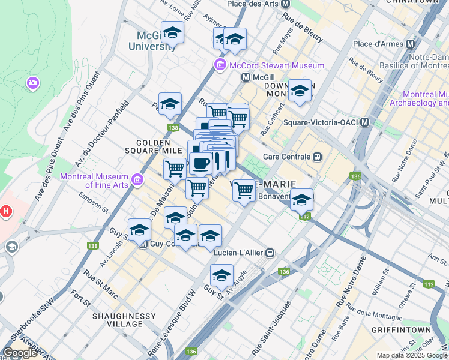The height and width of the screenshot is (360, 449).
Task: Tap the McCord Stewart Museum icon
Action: click(220, 65)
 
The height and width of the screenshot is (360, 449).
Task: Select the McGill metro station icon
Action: click(246, 77)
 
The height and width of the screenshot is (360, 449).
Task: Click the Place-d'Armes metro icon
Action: click(411, 44)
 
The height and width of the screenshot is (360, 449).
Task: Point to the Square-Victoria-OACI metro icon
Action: click(365, 122)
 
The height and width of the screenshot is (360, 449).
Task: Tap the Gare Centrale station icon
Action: click(317, 157)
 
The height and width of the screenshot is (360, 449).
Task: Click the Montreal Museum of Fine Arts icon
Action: click(137, 179)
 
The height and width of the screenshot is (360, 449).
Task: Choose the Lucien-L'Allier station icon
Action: click(271, 253)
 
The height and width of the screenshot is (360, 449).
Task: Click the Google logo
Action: click(20, 352)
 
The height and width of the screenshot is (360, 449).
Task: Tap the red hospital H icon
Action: click(6, 211)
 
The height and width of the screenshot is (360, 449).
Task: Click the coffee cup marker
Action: click(200, 163)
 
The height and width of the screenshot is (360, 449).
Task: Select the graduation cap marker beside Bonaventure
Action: click(301, 199)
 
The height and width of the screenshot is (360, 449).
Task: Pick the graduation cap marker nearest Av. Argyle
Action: click(221, 275)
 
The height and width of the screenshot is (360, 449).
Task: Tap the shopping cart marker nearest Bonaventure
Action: click(244, 190)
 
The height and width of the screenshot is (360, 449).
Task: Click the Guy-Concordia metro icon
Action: click(143, 244)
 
